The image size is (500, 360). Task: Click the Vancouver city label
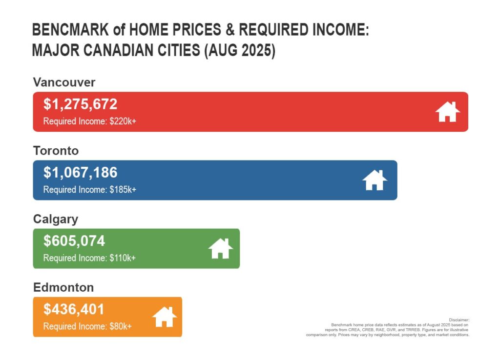(64, 82)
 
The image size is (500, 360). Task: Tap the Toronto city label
(56, 151)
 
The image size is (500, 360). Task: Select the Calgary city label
(55, 219)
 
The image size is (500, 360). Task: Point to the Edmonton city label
(63, 287)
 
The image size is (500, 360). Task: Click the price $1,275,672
(81, 104)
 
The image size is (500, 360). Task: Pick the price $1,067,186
(81, 173)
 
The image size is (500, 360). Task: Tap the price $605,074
(74, 241)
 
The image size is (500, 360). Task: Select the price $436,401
(74, 309)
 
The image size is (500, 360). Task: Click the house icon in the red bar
(448, 112)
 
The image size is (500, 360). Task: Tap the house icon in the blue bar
(375, 180)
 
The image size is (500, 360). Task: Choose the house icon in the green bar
(221, 249)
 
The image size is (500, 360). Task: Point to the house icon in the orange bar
(165, 317)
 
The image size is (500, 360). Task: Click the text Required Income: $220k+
(89, 121)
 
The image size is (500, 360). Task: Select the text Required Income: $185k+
(89, 189)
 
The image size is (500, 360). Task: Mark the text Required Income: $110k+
(89, 258)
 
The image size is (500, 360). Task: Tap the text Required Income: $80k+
(87, 326)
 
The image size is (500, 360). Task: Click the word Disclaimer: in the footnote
(459, 320)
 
